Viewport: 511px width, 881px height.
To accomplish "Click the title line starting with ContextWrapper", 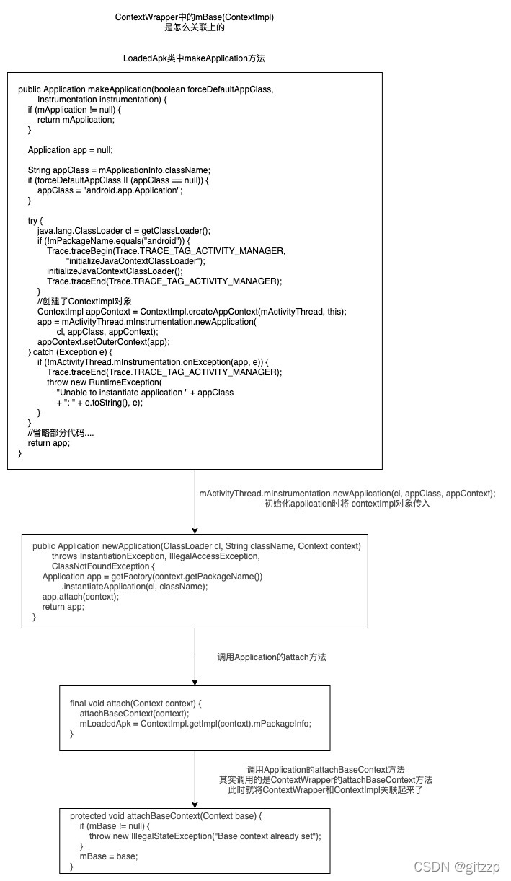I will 195,17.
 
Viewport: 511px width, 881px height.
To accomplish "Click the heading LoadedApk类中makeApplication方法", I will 194,58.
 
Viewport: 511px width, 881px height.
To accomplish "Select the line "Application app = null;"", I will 71,150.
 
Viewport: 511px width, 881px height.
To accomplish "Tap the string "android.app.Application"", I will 133,190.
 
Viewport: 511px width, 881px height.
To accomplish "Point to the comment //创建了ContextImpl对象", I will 85,301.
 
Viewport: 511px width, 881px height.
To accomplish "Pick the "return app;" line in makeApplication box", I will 49,443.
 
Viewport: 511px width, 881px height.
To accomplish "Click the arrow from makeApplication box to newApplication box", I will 195,501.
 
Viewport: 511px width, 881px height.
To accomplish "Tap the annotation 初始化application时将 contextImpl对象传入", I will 347,504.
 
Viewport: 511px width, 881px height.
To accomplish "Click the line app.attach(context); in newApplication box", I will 81,597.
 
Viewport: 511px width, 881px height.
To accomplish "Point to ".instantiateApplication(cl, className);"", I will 134,587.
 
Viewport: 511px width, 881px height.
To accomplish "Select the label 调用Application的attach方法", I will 272,657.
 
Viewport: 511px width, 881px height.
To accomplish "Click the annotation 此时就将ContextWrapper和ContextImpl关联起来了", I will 325,790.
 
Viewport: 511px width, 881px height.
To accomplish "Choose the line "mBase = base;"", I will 108,856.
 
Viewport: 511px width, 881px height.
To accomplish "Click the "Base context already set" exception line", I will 205,836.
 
